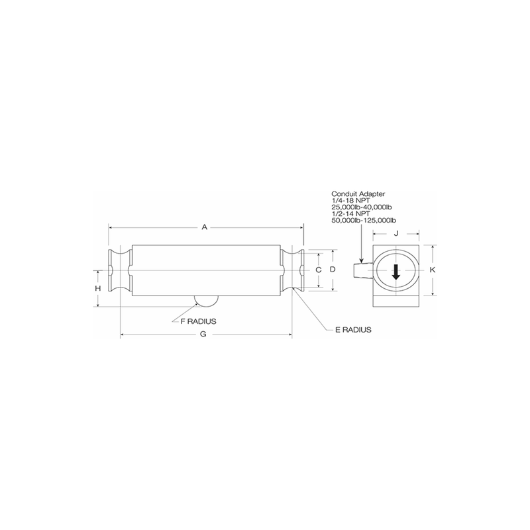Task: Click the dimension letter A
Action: click(205, 227)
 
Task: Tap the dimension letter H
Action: click(97, 289)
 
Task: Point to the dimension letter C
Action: click(318, 270)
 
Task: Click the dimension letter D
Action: click(333, 270)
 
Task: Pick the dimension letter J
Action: click(396, 233)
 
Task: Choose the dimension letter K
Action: click(432, 270)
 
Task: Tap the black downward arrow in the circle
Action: click(396, 271)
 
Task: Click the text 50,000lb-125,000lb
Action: click(363, 220)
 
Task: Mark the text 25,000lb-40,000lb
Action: click(362, 207)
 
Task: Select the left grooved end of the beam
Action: click(119, 270)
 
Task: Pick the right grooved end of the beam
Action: click(291, 270)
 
